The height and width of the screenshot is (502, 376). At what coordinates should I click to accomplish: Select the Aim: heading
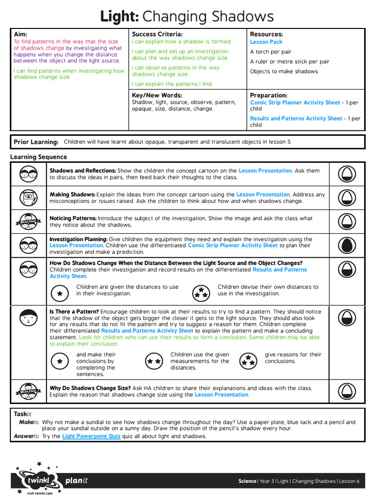(x=21, y=34)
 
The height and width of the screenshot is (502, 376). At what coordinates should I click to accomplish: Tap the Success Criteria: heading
(x=157, y=34)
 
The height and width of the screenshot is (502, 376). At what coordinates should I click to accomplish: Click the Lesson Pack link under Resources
(x=266, y=42)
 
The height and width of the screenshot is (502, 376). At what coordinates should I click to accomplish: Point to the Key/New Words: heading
(x=157, y=95)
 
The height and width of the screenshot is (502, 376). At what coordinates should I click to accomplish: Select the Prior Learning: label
(x=36, y=142)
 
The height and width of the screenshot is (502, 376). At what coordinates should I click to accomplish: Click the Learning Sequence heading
(x=39, y=157)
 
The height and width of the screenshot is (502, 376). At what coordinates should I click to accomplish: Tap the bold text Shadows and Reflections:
(x=83, y=171)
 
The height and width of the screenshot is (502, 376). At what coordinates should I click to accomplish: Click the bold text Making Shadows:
(x=72, y=195)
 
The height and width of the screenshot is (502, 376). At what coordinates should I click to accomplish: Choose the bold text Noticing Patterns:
(x=73, y=219)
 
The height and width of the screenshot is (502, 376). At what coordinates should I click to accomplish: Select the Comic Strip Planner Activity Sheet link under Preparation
(x=295, y=102)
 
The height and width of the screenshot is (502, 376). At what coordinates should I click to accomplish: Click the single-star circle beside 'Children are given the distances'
(x=60, y=293)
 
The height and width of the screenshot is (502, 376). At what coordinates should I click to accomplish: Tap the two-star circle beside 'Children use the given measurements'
(x=154, y=361)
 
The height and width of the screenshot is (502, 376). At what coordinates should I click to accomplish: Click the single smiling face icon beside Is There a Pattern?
(x=27, y=319)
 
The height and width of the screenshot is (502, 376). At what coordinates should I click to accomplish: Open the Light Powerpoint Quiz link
(x=91, y=436)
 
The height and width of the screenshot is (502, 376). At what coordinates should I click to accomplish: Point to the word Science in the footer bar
(x=247, y=481)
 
